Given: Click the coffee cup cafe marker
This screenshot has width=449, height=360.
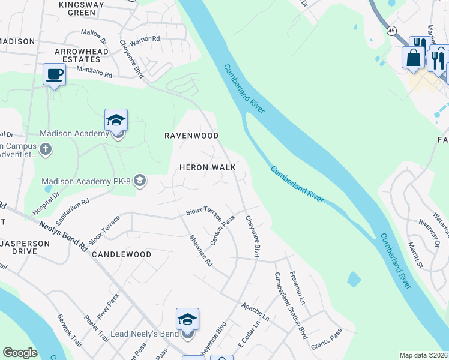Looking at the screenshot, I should (54, 75).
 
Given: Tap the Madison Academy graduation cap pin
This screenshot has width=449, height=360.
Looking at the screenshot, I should (116, 120).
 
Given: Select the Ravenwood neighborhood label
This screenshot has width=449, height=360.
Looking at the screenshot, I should (191, 136).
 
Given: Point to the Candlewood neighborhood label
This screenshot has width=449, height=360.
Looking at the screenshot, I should (122, 254).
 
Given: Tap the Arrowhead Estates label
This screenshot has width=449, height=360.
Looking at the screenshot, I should (77, 55).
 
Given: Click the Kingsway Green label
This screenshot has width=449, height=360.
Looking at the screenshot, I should (78, 8).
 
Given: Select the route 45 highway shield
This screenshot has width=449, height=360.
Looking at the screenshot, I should (391, 30).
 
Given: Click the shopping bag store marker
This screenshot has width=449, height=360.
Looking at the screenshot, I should (414, 58).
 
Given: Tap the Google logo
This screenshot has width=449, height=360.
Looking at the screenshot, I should (20, 353).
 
